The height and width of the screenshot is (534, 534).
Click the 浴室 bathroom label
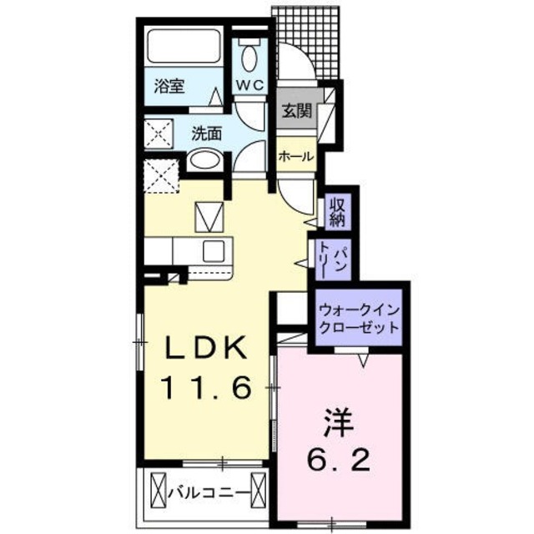tap(169, 86)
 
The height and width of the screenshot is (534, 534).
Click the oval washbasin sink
tap(204, 160)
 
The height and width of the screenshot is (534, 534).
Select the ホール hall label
tap(295, 156)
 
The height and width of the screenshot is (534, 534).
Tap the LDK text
tap(204, 348)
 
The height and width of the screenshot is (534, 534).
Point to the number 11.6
tap(204, 386)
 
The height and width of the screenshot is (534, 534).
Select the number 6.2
tap(338, 459)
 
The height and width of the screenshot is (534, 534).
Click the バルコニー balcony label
tap(209, 493)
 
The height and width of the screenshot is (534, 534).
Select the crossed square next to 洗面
tap(159, 133)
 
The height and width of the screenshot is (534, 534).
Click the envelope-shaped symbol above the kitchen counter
tap(209, 216)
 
